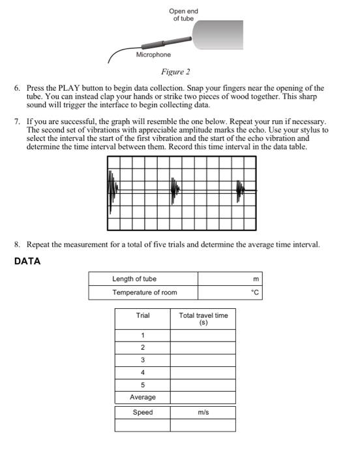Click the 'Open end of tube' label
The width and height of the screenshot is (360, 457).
pos(183,14)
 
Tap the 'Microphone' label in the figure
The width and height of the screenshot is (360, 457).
pos(153,55)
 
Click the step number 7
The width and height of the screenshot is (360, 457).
pos(17,122)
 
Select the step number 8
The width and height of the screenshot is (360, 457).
pos(17,245)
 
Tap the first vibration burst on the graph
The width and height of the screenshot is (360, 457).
pos(112,189)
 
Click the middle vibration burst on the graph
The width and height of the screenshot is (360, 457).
pos(174,189)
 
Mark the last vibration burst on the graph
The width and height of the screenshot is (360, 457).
pos(240,189)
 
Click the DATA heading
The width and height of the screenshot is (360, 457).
pos(27,261)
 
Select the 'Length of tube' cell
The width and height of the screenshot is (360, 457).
pos(134,279)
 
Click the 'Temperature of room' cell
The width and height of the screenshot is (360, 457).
pos(144,292)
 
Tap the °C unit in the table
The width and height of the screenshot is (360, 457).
pos(255,292)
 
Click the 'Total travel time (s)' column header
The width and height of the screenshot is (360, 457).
pos(203,319)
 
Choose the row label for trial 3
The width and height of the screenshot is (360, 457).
pos(142,360)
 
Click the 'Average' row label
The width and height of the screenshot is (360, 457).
pos(142,397)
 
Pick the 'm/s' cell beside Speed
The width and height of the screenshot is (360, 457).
pos(203,413)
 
